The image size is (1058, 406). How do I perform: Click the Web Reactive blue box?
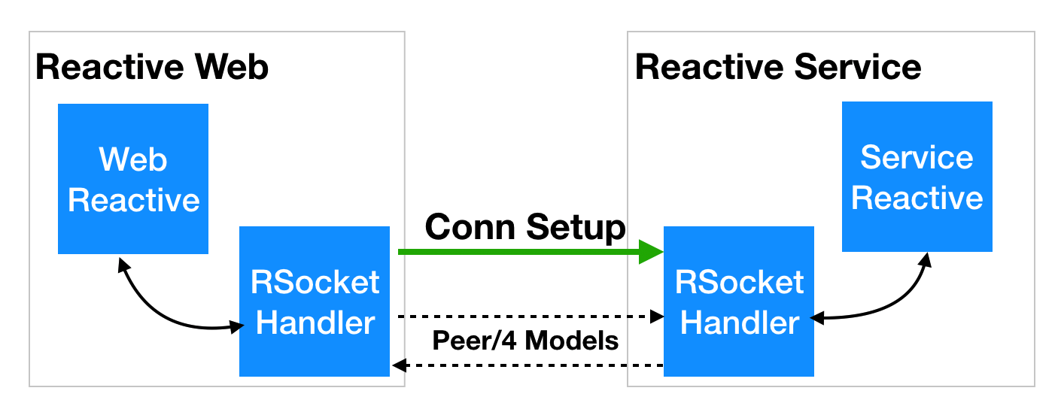coord(133,178)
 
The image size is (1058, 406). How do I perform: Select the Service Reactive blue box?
coord(917,177)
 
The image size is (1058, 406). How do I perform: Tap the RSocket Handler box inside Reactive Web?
coord(315,301)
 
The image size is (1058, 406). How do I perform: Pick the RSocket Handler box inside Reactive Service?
coord(739,301)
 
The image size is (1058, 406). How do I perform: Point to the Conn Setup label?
coord(525,226)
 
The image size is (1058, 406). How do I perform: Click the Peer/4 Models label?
coord(525,341)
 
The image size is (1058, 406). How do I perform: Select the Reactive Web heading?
coord(152,67)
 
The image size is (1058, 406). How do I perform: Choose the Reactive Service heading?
coord(778,67)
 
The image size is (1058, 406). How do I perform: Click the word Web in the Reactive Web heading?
coord(233,67)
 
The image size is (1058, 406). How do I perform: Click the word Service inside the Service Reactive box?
coord(917,157)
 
